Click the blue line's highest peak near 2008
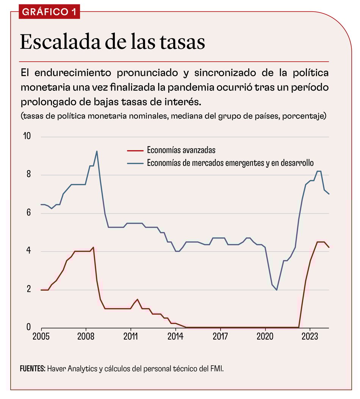97,151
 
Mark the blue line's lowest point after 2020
277,290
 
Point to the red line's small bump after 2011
138,299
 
